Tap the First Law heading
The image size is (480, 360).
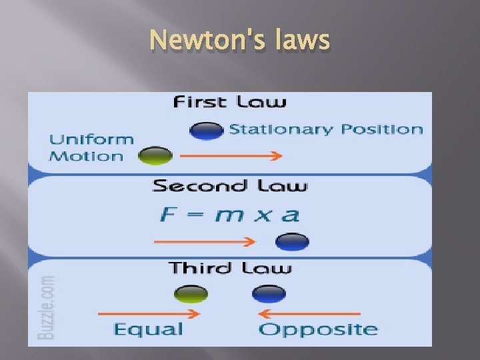click(x=229, y=102)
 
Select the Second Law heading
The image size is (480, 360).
click(x=230, y=185)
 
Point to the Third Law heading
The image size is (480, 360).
click(x=230, y=268)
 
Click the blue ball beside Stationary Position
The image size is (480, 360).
click(x=206, y=130)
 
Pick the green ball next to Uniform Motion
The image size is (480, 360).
click(x=155, y=156)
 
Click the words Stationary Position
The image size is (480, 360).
click(x=325, y=129)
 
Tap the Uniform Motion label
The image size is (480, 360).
click(x=91, y=148)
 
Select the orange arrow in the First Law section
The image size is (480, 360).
click(x=231, y=157)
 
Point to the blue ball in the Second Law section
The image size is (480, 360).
click(x=292, y=241)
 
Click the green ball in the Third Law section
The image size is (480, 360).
click(x=191, y=293)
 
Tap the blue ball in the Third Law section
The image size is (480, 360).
click(x=269, y=293)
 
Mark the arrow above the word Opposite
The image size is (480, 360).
click(x=309, y=313)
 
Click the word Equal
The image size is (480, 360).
click(x=148, y=329)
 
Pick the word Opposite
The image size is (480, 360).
click(x=317, y=329)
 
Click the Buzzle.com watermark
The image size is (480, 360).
click(x=46, y=308)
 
